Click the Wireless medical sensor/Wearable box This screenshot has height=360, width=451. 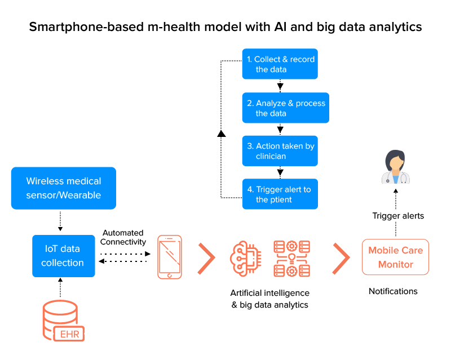[x=63, y=188]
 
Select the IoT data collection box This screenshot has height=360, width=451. [x=63, y=256]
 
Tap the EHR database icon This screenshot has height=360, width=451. [x=63, y=322]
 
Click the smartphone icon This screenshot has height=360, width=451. [x=170, y=256]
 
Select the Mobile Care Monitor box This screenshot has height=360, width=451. [x=395, y=257]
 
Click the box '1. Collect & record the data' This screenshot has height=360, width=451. [x=280, y=64]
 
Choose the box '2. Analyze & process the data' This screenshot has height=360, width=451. [x=286, y=108]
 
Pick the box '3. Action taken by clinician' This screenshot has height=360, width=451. [x=280, y=151]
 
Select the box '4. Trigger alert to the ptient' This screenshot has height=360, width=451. [x=280, y=194]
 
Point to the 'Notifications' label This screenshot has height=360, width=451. [x=393, y=291]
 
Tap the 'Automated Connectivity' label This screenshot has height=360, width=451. [x=123, y=237]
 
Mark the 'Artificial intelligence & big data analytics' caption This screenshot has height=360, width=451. [x=269, y=299]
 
